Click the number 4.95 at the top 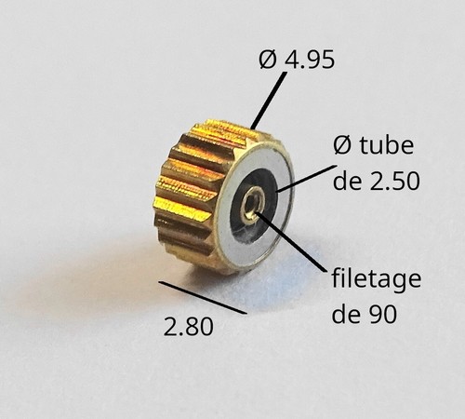coord(310,59)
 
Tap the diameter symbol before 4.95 coord(268,59)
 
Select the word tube coord(386,145)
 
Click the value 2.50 coord(394,181)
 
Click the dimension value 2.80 coord(189,327)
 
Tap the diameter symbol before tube coord(342,145)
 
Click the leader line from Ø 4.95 coord(269,101)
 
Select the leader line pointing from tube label coord(305,179)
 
